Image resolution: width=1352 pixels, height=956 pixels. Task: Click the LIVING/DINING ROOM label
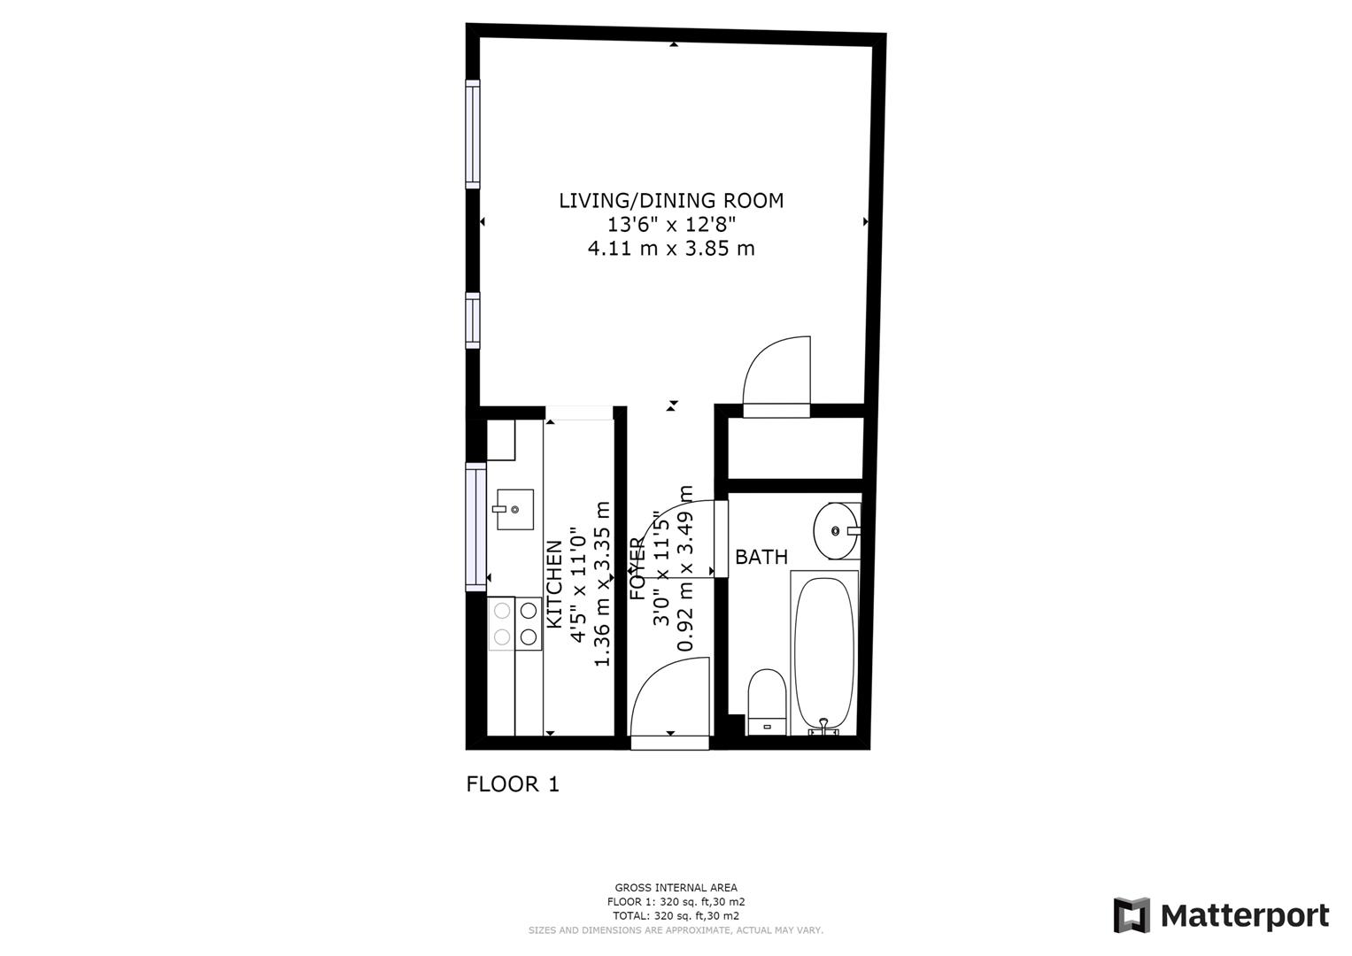(x=670, y=201)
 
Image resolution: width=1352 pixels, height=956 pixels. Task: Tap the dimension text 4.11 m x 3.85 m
(x=670, y=249)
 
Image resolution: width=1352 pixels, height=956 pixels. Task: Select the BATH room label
(x=761, y=558)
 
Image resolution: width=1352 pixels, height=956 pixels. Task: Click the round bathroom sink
(x=836, y=531)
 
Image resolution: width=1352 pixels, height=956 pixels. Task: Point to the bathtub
(x=824, y=651)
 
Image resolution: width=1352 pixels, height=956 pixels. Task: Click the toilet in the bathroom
(x=767, y=702)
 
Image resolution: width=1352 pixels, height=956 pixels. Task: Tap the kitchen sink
(x=514, y=509)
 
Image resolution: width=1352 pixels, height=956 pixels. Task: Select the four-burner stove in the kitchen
(x=515, y=623)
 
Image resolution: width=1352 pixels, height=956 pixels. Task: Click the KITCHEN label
(x=554, y=585)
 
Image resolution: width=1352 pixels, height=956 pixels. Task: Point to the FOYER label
(x=637, y=569)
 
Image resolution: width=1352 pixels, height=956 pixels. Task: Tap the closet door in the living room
(x=777, y=377)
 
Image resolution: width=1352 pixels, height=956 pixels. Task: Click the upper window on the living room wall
(x=473, y=134)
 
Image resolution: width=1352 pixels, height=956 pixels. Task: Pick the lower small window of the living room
(x=473, y=320)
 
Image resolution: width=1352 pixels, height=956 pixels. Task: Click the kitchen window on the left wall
(x=476, y=526)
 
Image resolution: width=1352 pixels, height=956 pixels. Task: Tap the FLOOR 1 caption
(x=513, y=784)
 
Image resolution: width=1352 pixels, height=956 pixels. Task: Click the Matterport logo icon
(x=1131, y=915)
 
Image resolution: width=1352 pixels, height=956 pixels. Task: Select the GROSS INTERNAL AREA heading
(x=676, y=888)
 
